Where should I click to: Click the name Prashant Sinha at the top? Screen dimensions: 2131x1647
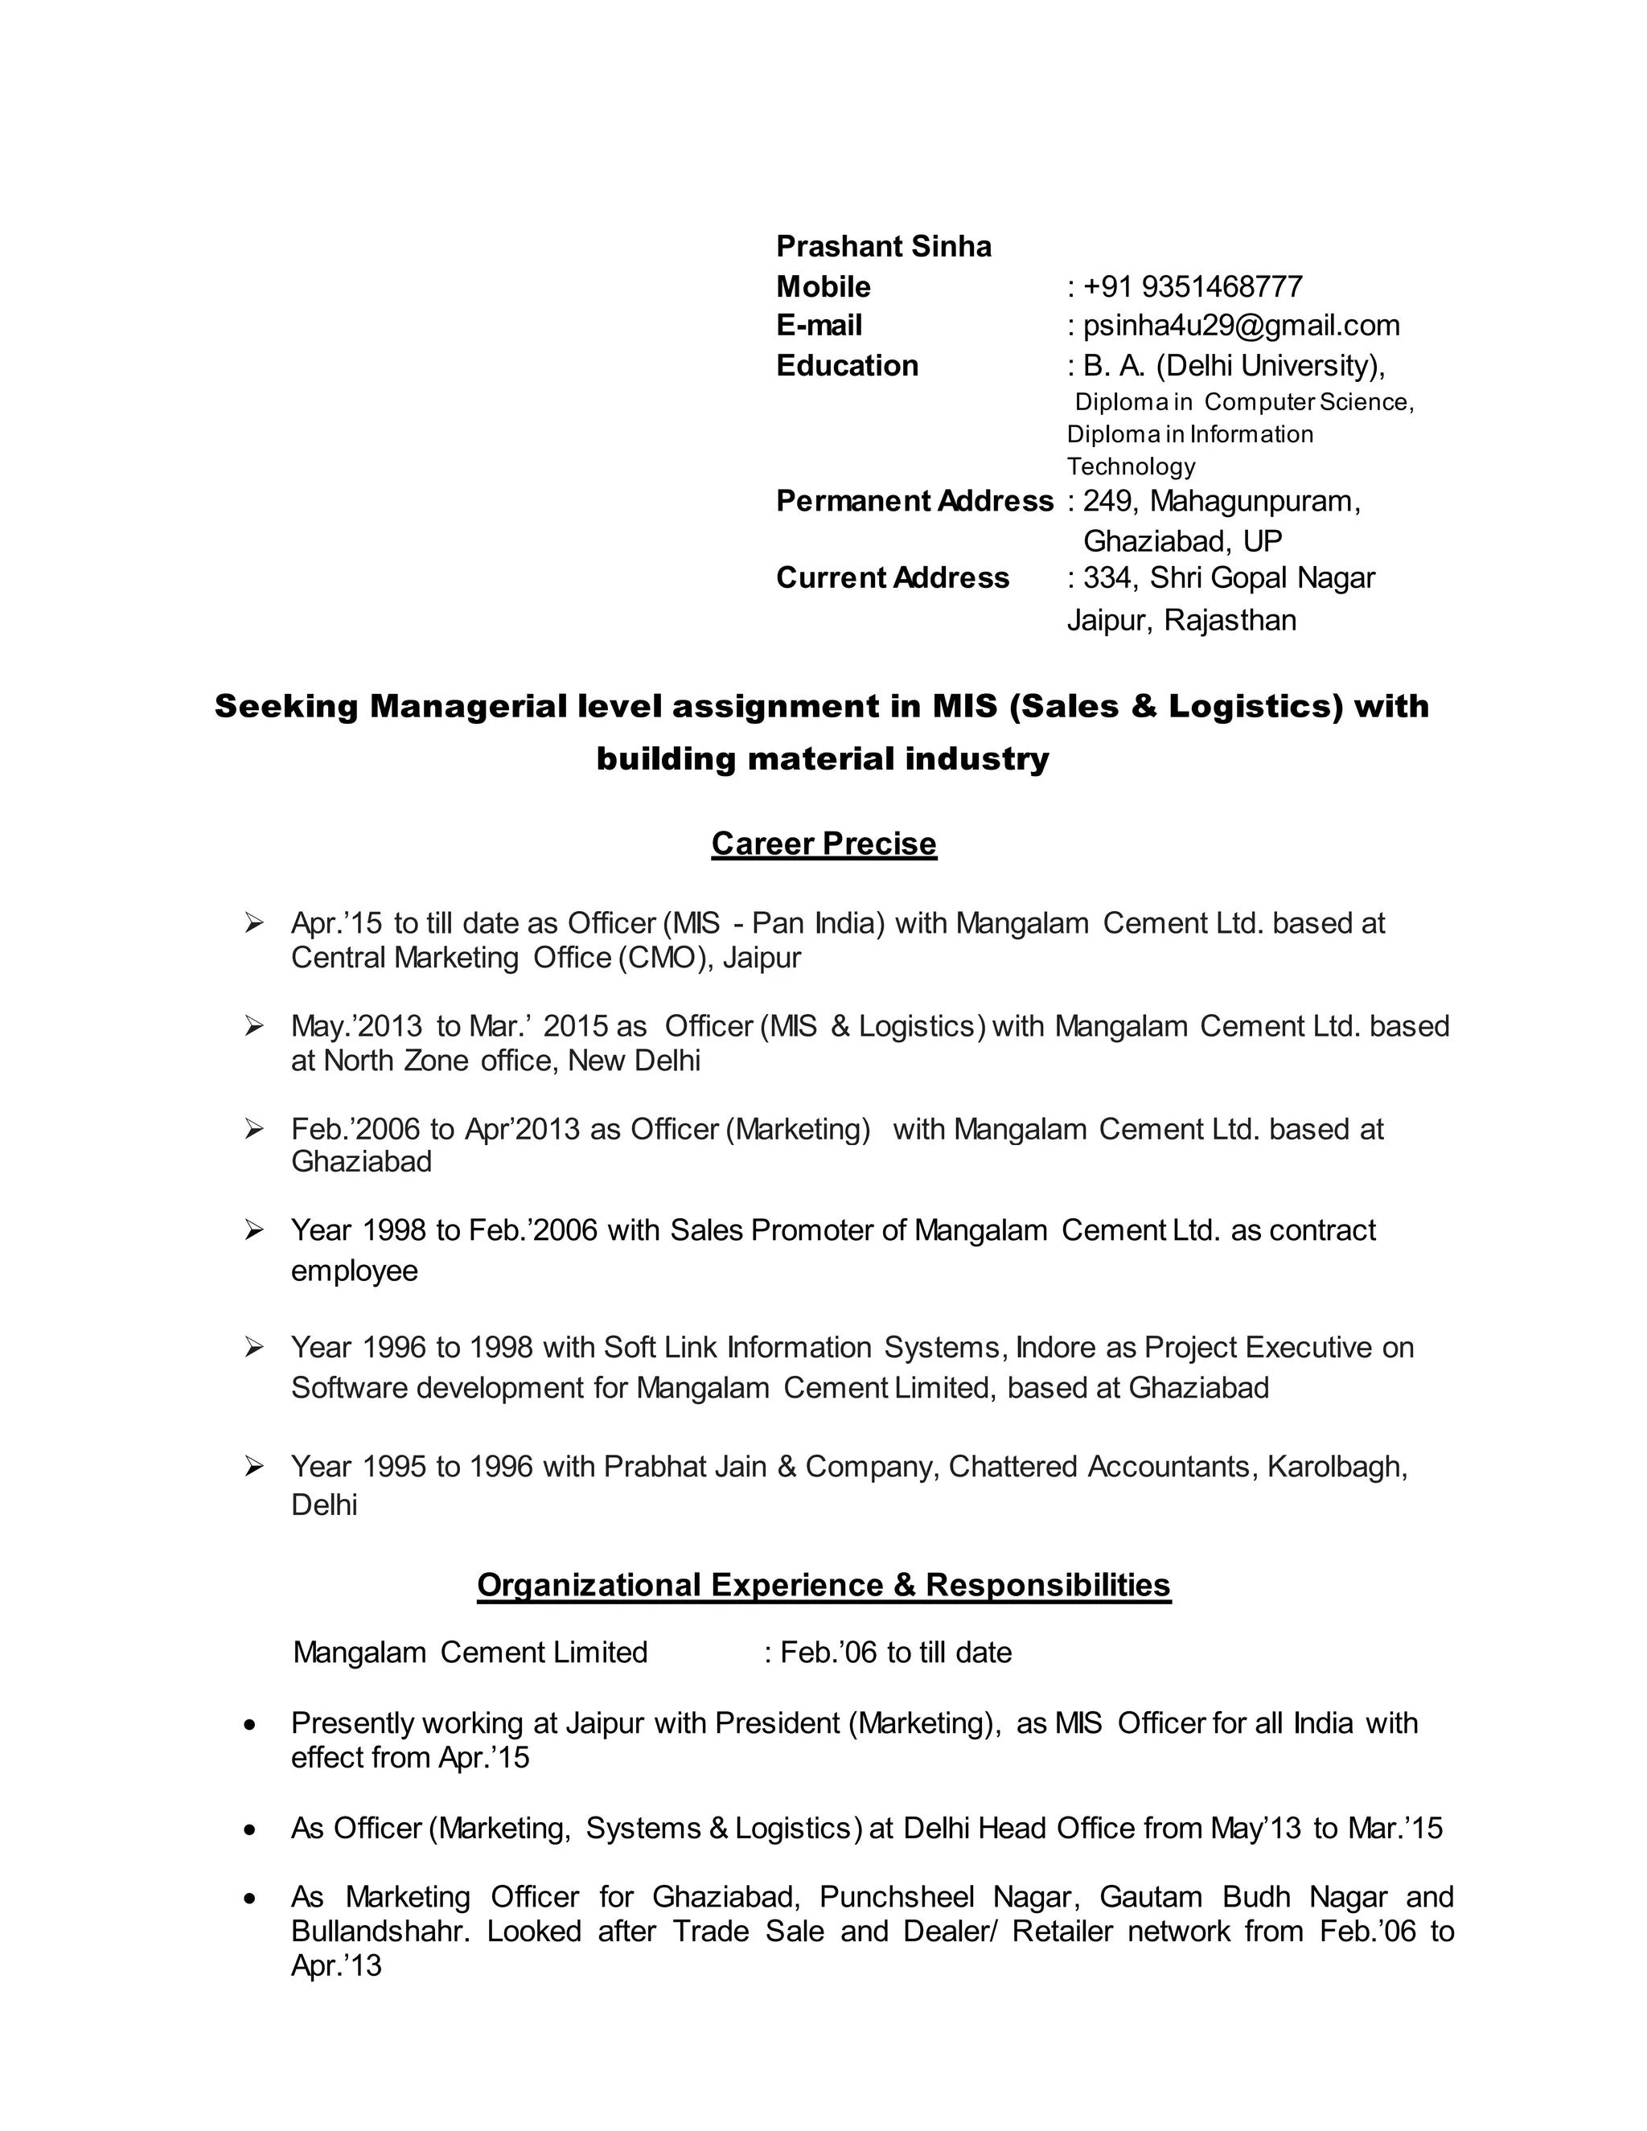883,247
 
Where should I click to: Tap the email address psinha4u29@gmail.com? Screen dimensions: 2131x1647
1241,325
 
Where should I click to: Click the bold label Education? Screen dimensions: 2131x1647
847,366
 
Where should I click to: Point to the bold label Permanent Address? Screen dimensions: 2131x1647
914,500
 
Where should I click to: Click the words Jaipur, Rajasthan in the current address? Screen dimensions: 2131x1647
1181,621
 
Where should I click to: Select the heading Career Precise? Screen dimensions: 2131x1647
823,843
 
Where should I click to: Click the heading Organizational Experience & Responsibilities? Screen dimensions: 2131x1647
823,1585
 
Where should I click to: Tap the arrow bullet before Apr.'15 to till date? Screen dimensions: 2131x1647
255,922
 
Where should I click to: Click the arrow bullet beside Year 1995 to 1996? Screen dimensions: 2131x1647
255,1467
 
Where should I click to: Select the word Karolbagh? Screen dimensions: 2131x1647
1336,1467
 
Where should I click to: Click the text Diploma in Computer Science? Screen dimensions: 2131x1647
1244,402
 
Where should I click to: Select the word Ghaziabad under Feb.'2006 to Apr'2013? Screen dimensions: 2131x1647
361,1161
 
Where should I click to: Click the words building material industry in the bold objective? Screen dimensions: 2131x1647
823,758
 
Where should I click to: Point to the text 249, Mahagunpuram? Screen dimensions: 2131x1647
1220,500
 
